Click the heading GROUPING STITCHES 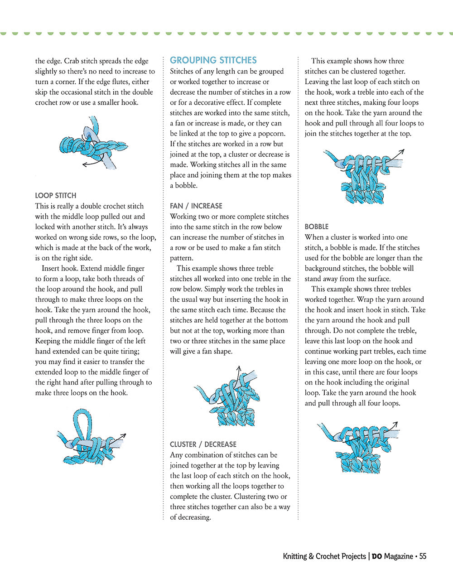[x=213, y=60]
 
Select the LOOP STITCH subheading [x=56, y=196]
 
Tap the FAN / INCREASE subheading [x=196, y=206]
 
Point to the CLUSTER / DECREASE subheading [x=203, y=444]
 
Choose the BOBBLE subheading [x=317, y=227]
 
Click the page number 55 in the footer [x=423, y=556]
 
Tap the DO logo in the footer [x=377, y=557]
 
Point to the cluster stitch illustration [x=362, y=177]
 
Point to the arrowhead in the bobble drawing [x=395, y=425]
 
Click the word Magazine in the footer [x=398, y=556]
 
